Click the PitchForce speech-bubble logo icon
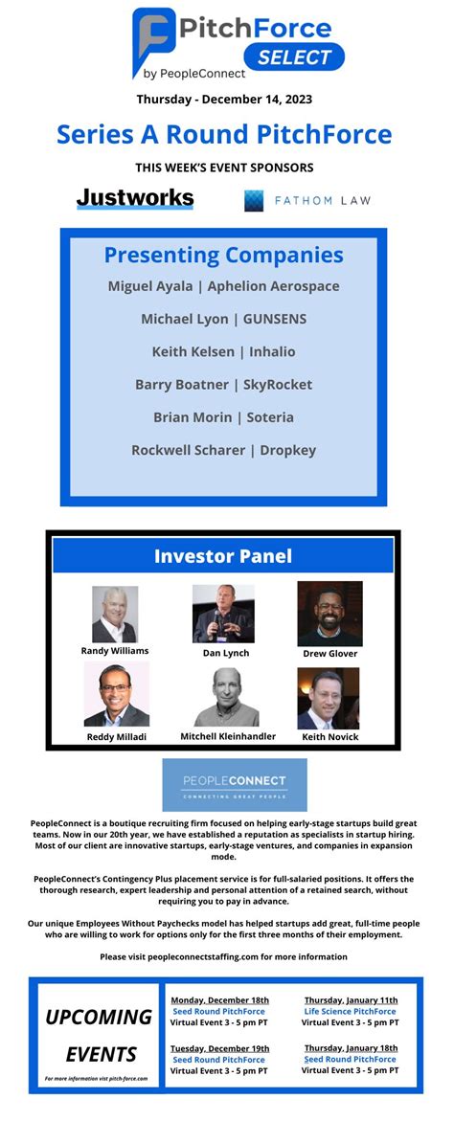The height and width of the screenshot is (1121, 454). pyautogui.click(x=152, y=41)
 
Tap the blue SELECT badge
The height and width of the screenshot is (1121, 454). pyautogui.click(x=294, y=56)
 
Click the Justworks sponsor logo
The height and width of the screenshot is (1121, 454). pyautogui.click(x=135, y=198)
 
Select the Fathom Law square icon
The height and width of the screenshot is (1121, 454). pyautogui.click(x=254, y=200)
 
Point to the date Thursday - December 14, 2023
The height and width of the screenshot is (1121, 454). pyautogui.click(x=224, y=100)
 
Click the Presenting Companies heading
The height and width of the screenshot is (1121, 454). pyautogui.click(x=224, y=256)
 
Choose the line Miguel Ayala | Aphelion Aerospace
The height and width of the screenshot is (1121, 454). pyautogui.click(x=224, y=286)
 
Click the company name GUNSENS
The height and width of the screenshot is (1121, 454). pyautogui.click(x=275, y=319)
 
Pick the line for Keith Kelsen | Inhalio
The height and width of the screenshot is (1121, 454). pyautogui.click(x=224, y=351)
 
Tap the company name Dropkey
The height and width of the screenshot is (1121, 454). pyautogui.click(x=288, y=450)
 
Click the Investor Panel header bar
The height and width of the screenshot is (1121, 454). pyautogui.click(x=223, y=555)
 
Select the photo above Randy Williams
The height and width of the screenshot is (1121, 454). pyautogui.click(x=115, y=615)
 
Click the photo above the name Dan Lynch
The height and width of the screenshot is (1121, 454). pyautogui.click(x=224, y=614)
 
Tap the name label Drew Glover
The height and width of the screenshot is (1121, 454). pyautogui.click(x=329, y=654)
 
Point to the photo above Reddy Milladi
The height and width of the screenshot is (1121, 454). pyautogui.click(x=117, y=693)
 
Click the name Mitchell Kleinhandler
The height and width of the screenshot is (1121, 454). pyautogui.click(x=228, y=736)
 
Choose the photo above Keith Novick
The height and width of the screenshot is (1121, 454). pyautogui.click(x=329, y=698)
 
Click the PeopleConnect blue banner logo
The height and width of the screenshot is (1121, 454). pyautogui.click(x=235, y=785)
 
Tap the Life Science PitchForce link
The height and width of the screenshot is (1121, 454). pyautogui.click(x=350, y=1012)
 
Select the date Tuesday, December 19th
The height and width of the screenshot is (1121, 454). pyautogui.click(x=219, y=1048)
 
